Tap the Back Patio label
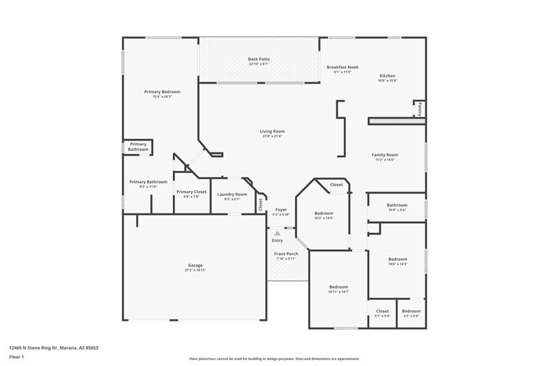259,60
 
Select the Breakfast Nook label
342,67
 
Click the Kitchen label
388,76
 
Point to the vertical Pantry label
419,108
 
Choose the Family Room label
385,155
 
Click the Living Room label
272,131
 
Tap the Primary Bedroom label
162,91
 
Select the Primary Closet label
191,192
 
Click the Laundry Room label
232,194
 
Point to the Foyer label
281,209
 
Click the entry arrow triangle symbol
277,233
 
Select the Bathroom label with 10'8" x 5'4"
397,205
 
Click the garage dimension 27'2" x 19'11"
195,270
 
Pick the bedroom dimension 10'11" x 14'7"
338,292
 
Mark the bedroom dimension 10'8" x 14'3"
397,264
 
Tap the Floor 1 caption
16,358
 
